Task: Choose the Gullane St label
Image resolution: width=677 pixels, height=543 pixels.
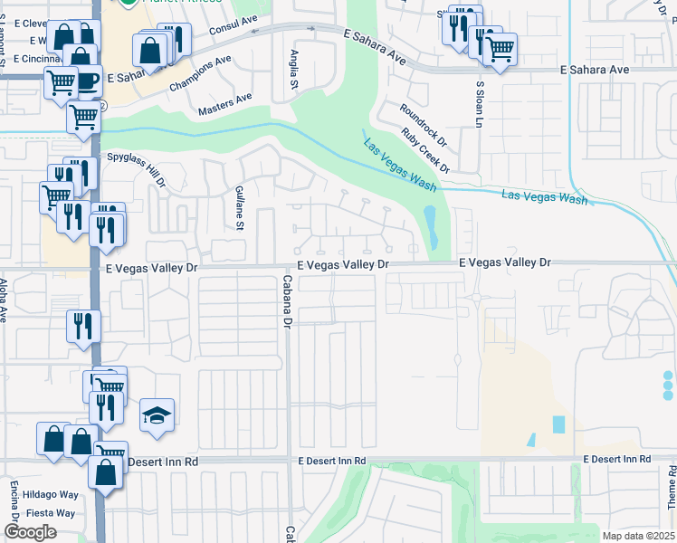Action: pyautogui.click(x=240, y=207)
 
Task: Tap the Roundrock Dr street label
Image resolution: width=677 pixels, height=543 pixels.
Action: pyautogui.click(x=424, y=125)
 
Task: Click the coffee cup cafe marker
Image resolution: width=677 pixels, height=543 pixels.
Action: pyautogui.click(x=86, y=81)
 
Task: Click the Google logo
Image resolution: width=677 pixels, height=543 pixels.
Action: pyautogui.click(x=31, y=532)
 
